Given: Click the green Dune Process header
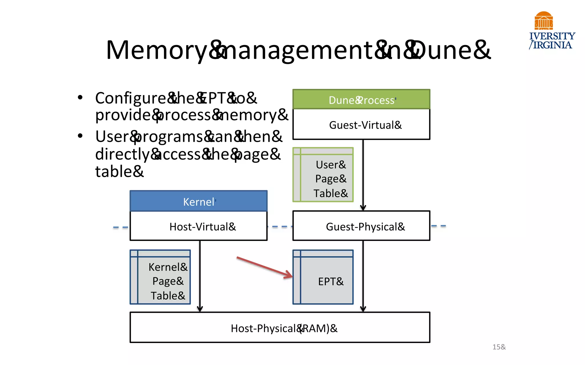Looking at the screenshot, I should (361, 100).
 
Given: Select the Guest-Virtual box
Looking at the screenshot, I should (361, 125).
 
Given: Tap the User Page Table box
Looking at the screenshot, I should (323, 175).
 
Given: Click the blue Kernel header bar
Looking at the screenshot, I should (199, 201).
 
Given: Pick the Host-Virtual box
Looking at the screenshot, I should (199, 226).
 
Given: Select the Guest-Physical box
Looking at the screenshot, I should (361, 226).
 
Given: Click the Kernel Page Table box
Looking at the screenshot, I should (160, 277).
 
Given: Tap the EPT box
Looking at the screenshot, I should (323, 277).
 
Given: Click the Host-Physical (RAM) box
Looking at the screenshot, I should (280, 328).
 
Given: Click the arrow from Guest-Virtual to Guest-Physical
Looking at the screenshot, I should (363, 174).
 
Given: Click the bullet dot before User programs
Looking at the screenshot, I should (80, 136).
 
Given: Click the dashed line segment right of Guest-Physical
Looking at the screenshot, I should (438, 226).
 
